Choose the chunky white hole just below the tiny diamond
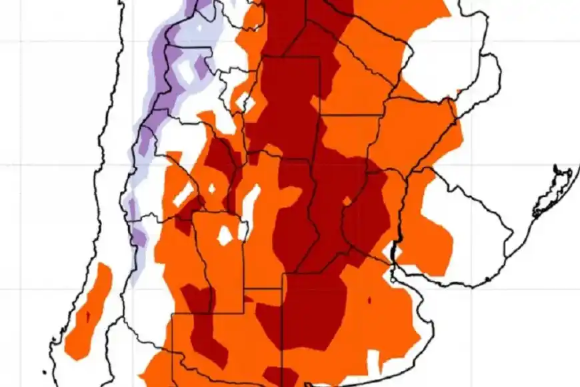pyautogui.click(x=225, y=234)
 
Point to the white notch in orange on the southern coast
pyautogui.click(x=374, y=361)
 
